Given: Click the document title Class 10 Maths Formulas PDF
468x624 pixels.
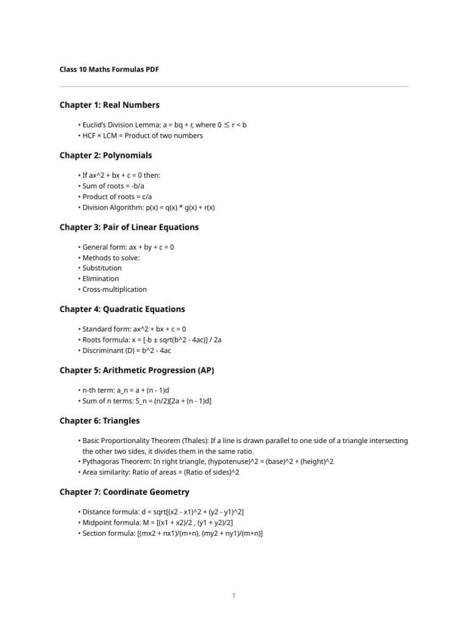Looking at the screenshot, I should pos(109,70).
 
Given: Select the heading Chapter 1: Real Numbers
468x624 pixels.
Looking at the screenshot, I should pos(110,105).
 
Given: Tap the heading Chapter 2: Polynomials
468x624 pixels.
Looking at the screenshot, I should pos(106,155).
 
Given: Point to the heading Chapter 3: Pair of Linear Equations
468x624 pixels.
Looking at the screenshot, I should pos(129,227).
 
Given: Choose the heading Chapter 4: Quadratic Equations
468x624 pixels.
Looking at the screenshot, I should pos(122,309).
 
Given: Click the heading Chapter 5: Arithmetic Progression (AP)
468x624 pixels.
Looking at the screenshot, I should pos(137,370).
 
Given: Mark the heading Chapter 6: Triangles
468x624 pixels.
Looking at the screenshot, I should pos(100,420).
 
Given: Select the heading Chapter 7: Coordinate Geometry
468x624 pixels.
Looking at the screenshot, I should pos(124,492).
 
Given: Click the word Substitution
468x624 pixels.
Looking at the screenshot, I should pos(102,268).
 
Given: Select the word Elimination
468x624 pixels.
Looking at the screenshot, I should pos(101,278).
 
